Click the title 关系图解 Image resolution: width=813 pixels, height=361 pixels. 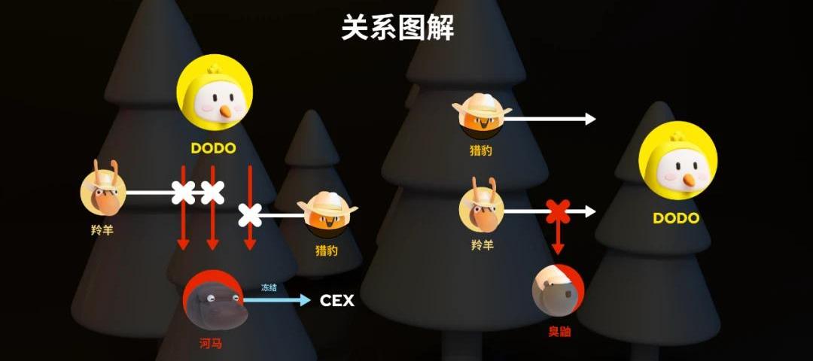click(x=397, y=29)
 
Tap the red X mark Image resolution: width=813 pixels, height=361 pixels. click(x=558, y=212)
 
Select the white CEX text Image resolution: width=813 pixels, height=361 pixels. click(x=336, y=301)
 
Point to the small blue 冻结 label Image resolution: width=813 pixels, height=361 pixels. click(x=269, y=287)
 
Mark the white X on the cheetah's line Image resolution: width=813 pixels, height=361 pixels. click(x=251, y=215)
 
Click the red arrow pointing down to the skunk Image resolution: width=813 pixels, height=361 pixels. click(x=558, y=239)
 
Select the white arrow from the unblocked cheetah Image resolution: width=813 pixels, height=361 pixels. click(x=553, y=119)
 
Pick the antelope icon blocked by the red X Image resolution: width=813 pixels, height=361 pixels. click(x=482, y=207)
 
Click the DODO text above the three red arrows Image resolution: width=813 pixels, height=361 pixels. click(x=213, y=148)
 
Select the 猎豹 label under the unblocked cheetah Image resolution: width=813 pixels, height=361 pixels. click(x=481, y=150)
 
